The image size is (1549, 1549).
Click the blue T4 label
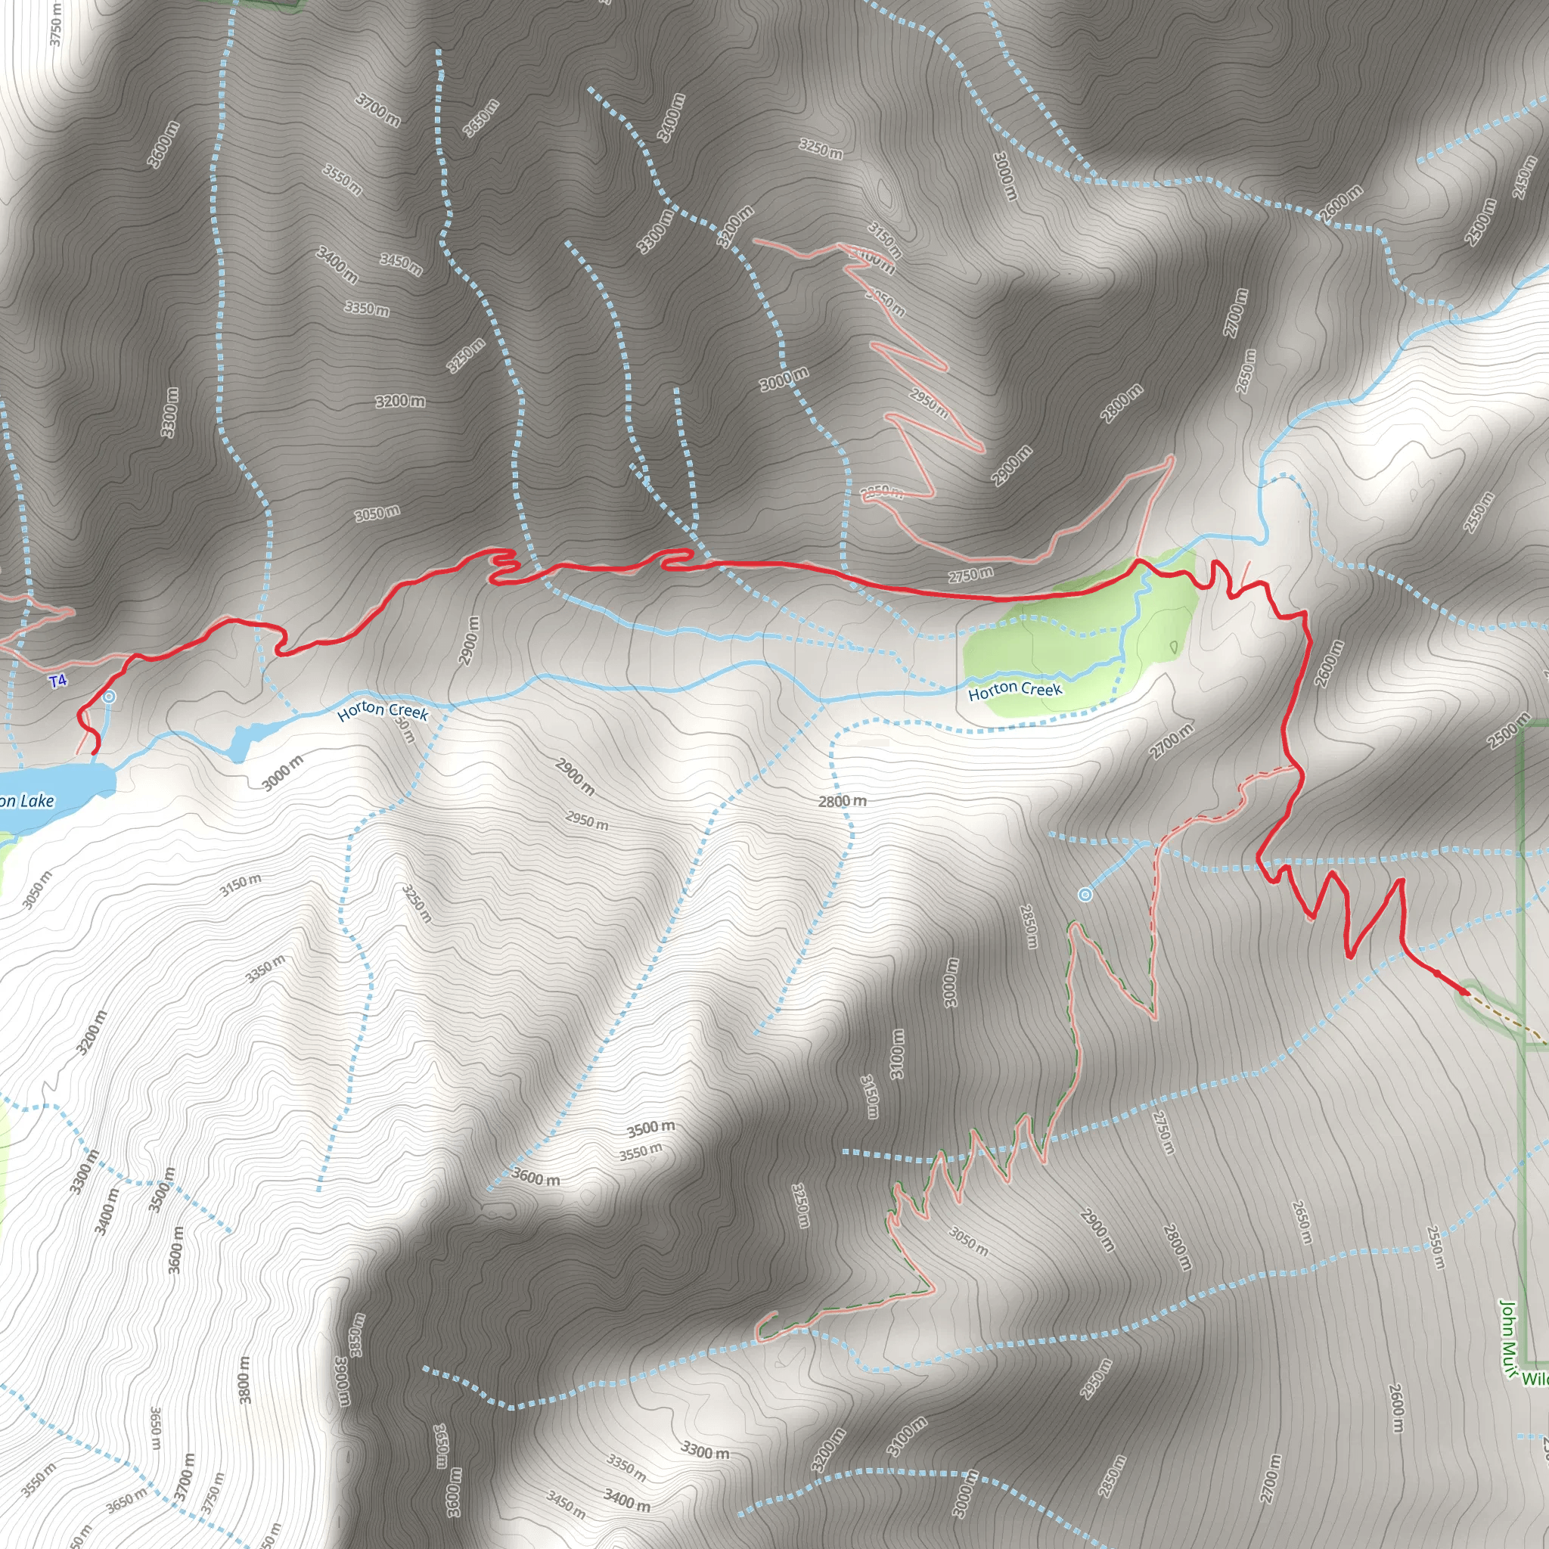(57, 681)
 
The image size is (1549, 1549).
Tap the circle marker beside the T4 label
(109, 697)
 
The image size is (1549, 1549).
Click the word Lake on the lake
(37, 800)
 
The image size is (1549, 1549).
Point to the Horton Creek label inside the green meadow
(1015, 690)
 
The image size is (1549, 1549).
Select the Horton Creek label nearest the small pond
(383, 711)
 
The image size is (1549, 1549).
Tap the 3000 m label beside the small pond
(282, 772)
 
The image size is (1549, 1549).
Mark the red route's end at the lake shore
(95, 753)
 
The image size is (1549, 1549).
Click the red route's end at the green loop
(1467, 993)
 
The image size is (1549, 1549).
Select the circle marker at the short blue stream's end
(1085, 894)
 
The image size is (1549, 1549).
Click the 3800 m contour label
(245, 1380)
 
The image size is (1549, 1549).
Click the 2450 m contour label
(1526, 176)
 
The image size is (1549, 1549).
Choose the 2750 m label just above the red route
(971, 575)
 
